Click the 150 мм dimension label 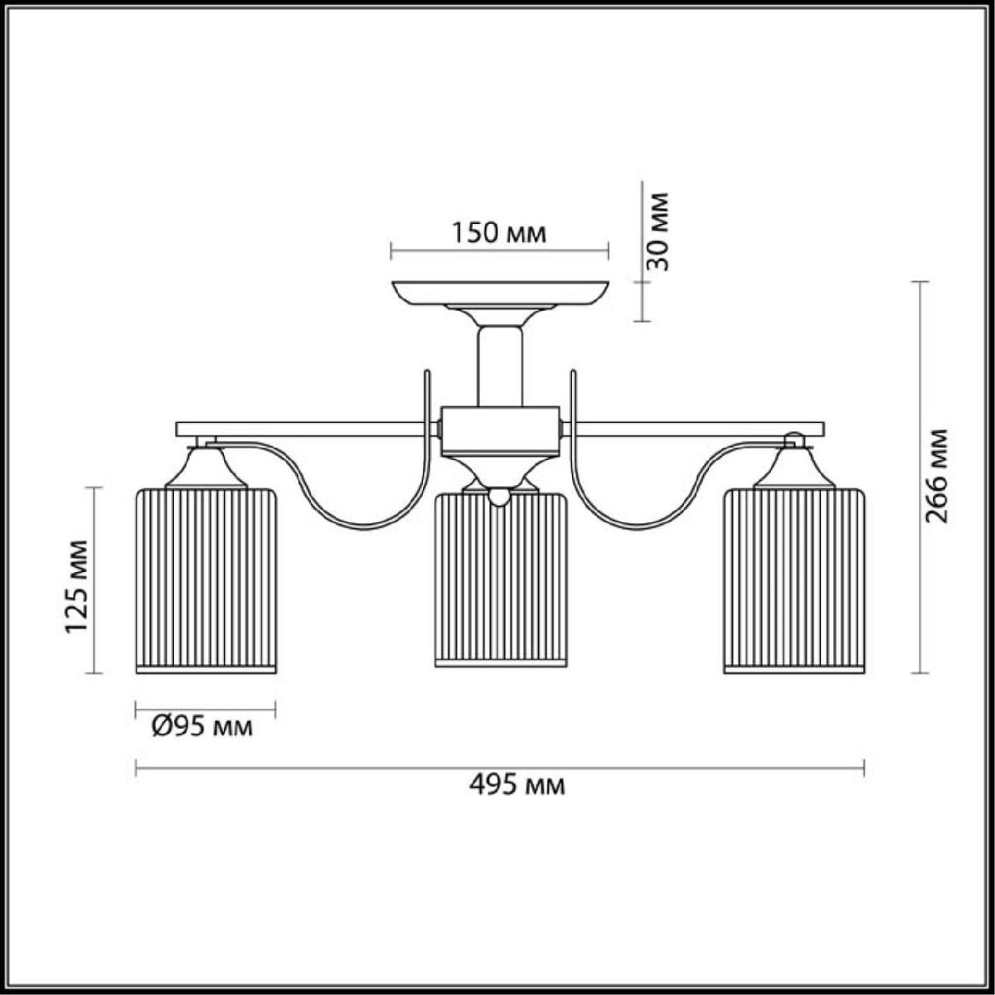point(499,233)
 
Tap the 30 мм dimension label point(658,232)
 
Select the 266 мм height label point(936,475)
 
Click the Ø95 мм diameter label point(202,727)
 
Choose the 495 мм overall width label point(517,800)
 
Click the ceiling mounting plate point(500,294)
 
